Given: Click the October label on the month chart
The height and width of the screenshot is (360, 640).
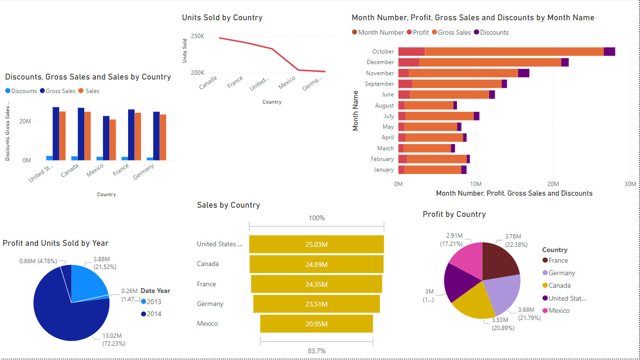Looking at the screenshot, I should point(383,52).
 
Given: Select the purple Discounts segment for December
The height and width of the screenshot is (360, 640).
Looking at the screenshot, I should point(565,62).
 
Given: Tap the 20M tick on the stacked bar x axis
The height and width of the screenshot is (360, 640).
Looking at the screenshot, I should point(553,184).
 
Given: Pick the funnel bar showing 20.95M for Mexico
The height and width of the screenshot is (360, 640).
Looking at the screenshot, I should point(316,323).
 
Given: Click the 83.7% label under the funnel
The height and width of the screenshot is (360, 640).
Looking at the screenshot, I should point(316,351).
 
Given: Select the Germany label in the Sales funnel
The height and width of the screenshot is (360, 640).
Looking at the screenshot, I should point(210,304).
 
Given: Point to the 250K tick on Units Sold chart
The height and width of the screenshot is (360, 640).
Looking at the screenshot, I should point(197,36).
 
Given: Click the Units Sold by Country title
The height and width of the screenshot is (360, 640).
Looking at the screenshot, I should point(222,18).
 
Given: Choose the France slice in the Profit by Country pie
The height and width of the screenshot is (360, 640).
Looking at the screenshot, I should point(499,261).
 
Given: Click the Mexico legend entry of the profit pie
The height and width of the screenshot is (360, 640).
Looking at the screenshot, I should point(559,310).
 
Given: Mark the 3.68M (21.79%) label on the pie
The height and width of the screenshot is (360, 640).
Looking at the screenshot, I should point(529,313).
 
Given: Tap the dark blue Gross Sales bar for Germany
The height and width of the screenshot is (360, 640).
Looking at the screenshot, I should point(157,136).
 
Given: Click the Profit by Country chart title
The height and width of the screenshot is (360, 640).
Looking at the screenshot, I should point(454,214).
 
